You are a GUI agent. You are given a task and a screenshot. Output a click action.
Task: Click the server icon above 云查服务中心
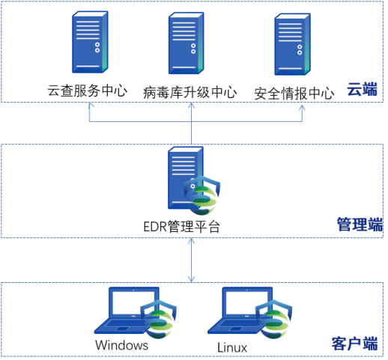(x=90, y=42)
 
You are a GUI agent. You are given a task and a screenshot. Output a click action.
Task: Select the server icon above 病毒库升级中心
(x=186, y=43)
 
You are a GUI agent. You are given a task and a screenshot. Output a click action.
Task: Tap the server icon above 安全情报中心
(x=292, y=44)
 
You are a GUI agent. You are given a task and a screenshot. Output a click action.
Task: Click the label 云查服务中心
(x=87, y=91)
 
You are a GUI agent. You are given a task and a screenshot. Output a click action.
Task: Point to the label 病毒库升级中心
(x=190, y=92)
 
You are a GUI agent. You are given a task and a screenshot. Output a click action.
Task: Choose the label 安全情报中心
(x=294, y=94)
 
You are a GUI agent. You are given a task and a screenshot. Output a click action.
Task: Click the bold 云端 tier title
(x=362, y=89)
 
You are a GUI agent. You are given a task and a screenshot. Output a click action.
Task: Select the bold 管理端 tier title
(x=360, y=225)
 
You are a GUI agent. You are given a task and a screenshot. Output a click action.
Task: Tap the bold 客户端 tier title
(x=354, y=344)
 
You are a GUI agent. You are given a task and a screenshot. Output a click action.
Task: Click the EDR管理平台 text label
(x=181, y=227)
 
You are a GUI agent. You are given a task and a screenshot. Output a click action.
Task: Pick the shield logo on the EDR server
(x=201, y=195)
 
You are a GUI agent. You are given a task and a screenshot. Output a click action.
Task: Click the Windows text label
(x=122, y=345)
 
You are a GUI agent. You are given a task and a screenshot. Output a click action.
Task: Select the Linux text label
(x=232, y=347)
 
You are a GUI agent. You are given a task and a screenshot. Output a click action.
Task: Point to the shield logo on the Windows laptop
(x=159, y=320)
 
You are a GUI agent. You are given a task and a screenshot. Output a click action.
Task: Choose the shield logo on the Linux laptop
(x=274, y=320)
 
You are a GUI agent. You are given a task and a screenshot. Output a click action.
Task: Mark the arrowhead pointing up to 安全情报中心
(x=302, y=108)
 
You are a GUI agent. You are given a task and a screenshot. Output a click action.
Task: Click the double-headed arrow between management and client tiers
(x=191, y=260)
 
